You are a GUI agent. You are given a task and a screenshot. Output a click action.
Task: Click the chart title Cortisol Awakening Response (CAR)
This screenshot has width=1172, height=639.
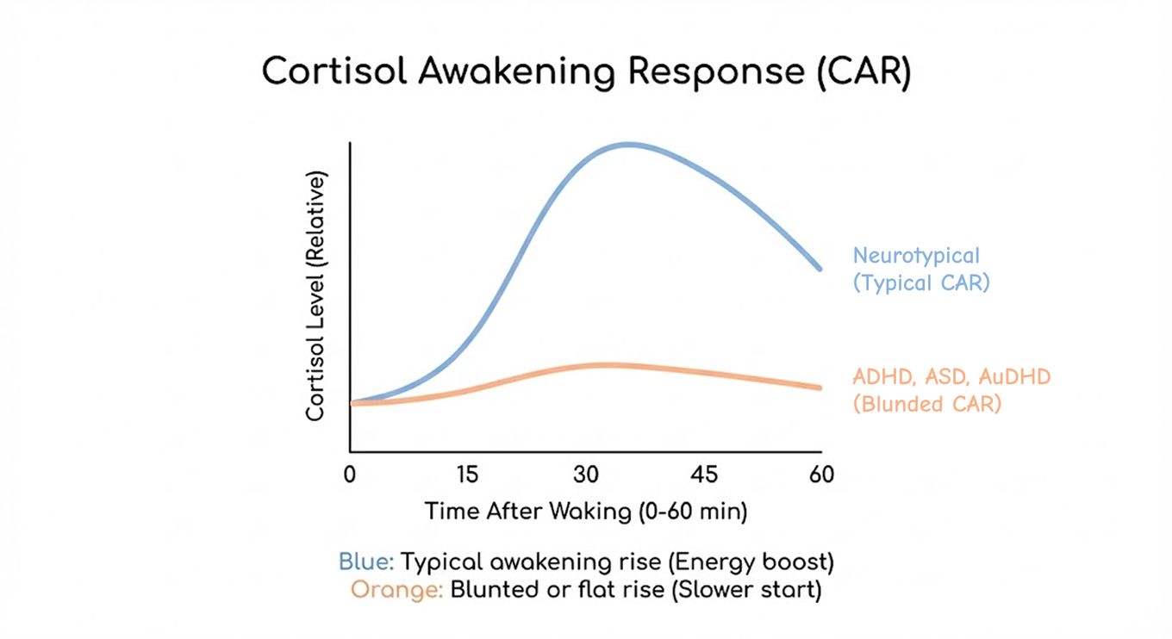click(x=586, y=71)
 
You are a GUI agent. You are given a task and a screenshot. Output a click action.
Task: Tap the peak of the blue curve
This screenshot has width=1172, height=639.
click(x=629, y=144)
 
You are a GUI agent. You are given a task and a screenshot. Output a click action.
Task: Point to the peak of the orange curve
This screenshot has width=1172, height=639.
click(x=603, y=365)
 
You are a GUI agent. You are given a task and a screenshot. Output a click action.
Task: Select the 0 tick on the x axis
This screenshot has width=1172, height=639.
click(x=350, y=475)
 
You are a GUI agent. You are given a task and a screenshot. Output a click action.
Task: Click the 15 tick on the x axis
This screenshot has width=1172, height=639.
click(x=467, y=475)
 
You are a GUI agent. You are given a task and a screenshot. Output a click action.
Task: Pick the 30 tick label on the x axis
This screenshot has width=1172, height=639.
click(x=586, y=475)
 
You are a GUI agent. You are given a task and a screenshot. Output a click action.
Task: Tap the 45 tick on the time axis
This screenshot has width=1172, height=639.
click(x=704, y=475)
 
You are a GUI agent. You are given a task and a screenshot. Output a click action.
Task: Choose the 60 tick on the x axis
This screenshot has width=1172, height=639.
click(x=821, y=475)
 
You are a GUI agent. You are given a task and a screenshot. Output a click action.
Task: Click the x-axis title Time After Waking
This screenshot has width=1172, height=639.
click(x=586, y=511)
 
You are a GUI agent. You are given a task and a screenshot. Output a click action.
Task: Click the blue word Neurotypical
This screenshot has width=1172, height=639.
click(x=916, y=256)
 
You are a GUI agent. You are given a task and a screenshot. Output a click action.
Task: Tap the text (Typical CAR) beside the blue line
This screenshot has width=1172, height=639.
click(x=920, y=282)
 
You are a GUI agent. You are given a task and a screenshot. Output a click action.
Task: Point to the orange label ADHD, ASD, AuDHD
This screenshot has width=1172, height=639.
click(x=951, y=377)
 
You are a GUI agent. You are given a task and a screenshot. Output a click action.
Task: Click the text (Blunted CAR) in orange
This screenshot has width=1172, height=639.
click(x=926, y=403)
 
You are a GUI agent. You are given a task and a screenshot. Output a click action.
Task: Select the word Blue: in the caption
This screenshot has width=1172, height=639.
click(x=366, y=562)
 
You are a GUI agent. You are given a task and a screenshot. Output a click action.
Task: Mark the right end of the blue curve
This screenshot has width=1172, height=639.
click(x=820, y=269)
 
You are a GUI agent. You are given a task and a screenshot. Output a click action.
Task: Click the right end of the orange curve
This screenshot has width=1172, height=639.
click(x=820, y=388)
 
